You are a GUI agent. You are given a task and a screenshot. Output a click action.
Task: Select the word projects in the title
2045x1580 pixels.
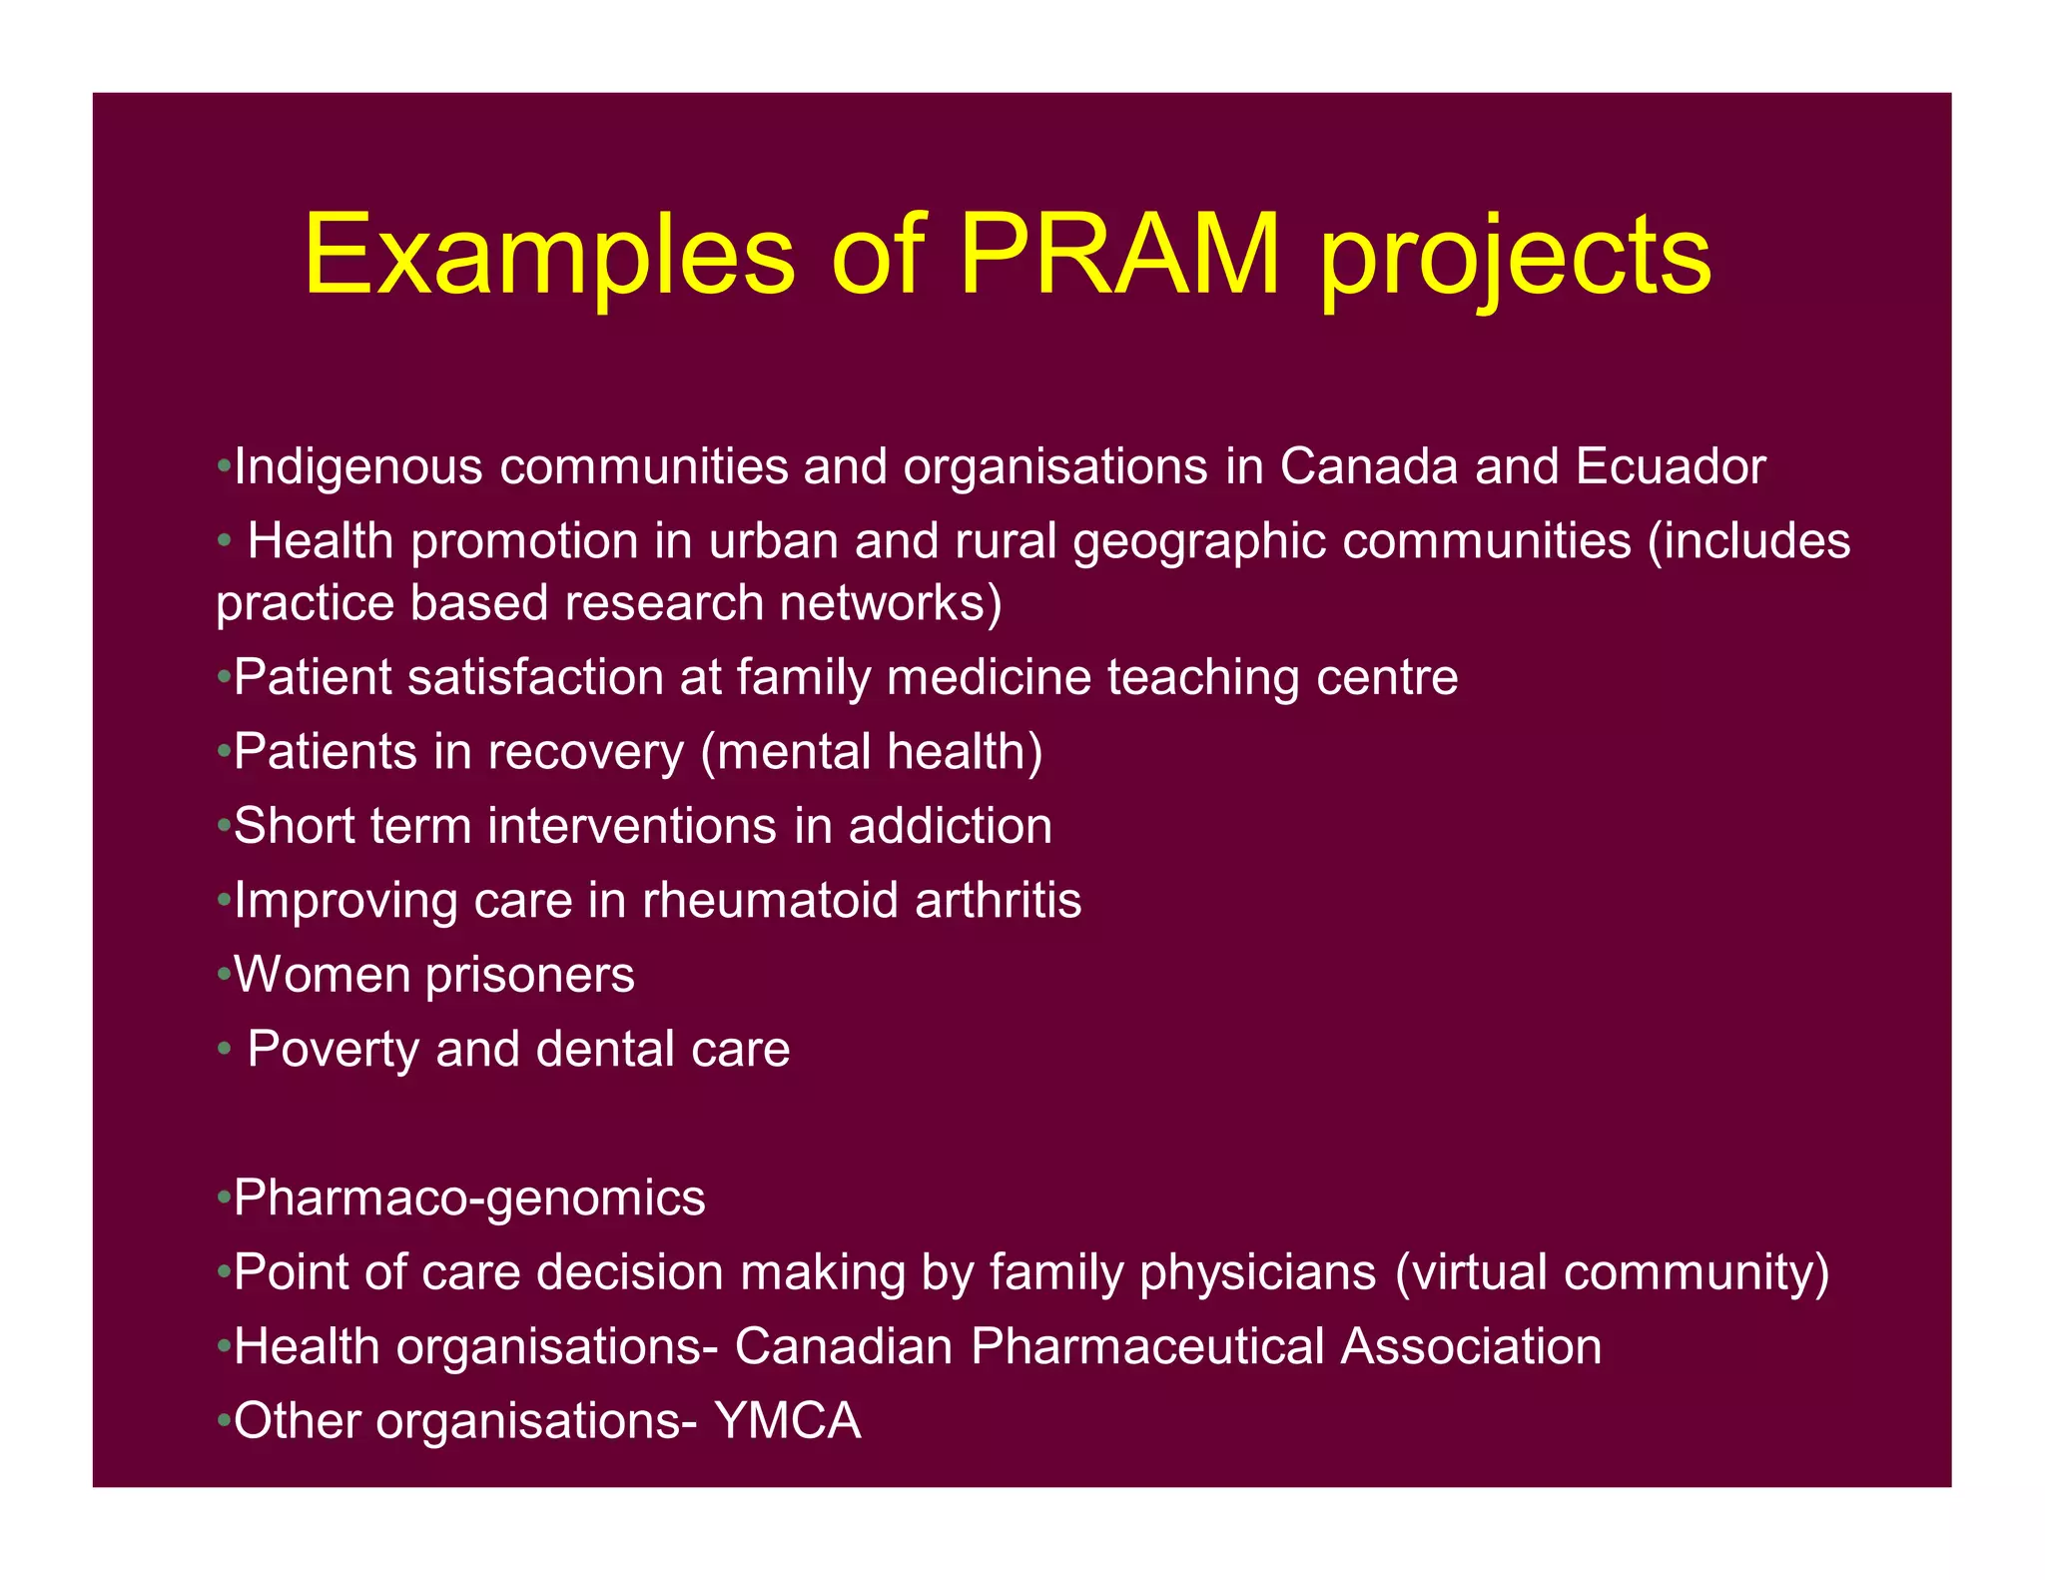click(1515, 262)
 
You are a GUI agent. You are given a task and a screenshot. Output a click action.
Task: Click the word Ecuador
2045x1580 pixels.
click(1671, 466)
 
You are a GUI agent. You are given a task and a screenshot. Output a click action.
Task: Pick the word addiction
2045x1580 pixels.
click(950, 827)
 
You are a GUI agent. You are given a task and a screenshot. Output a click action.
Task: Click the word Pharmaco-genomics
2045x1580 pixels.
click(469, 1198)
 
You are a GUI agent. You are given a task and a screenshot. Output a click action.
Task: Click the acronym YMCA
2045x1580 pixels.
click(788, 1421)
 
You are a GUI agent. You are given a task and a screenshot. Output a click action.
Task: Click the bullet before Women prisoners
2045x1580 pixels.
click(224, 976)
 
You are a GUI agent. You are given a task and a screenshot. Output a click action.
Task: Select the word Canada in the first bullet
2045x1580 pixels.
click(1369, 466)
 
